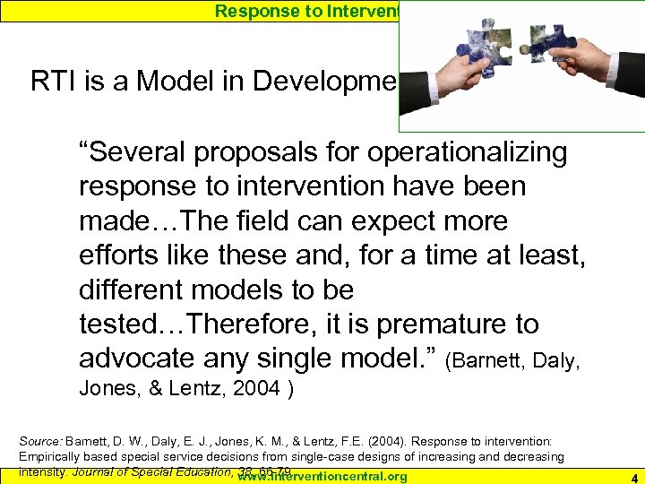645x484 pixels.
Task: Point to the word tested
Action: tap(120, 324)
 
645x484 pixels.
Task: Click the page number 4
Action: tap(632, 477)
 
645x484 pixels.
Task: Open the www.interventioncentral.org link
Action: tap(310, 477)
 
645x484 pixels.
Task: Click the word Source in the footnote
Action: tap(40, 442)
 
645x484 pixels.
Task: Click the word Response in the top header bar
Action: tap(249, 10)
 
